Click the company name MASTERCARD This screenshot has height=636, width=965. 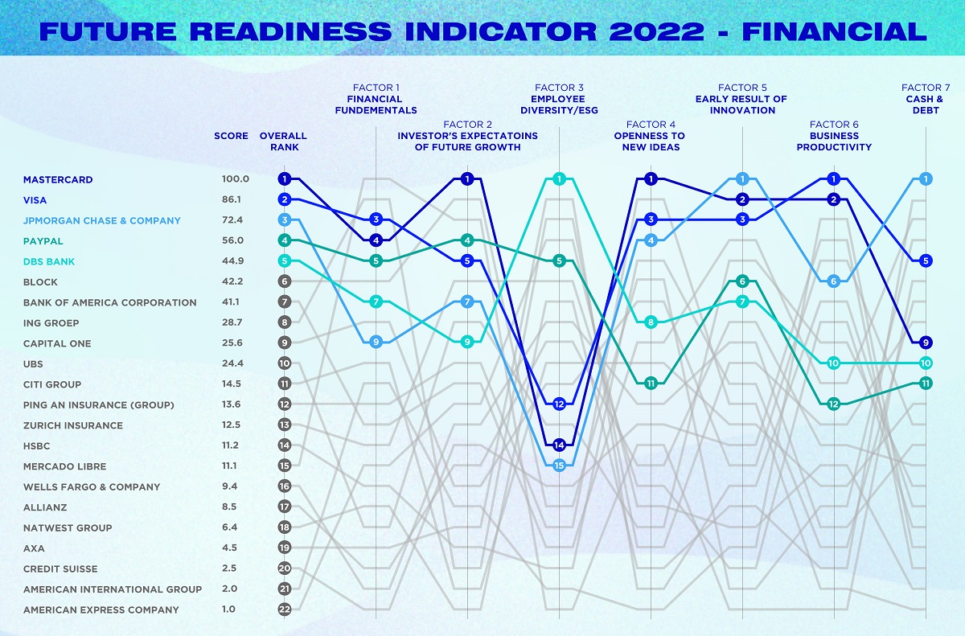tap(58, 179)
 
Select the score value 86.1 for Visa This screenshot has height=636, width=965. tap(235, 199)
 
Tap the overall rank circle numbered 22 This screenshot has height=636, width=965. tap(284, 609)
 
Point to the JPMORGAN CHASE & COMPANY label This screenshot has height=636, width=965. tap(102, 220)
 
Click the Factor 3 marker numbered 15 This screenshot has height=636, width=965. tap(559, 465)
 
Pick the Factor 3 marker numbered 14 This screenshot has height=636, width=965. tap(559, 445)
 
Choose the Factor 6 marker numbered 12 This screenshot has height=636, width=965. tap(834, 404)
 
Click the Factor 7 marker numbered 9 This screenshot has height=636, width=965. tap(926, 342)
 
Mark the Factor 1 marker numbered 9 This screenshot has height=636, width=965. tap(376, 342)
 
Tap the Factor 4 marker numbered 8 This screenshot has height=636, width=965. tap(651, 322)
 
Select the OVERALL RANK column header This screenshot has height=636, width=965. tap(283, 142)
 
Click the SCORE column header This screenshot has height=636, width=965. tap(232, 136)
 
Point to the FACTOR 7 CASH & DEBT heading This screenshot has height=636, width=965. tap(926, 99)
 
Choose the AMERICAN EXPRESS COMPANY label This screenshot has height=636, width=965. tap(101, 609)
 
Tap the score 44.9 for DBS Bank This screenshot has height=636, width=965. tap(235, 261)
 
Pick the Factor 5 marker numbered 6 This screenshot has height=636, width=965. tap(742, 281)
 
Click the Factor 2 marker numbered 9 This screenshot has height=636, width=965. tap(467, 342)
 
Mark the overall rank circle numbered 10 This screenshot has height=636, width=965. tap(284, 363)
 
